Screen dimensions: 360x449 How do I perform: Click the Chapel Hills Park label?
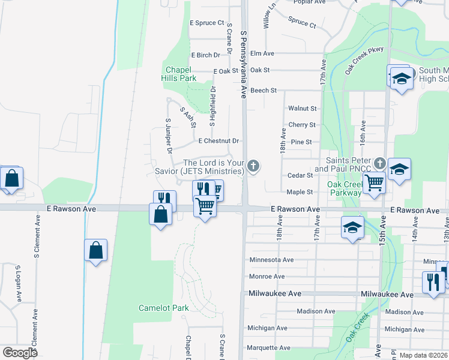179,74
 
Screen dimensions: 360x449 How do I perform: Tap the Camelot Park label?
164,308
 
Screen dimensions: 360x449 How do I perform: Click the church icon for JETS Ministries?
253,166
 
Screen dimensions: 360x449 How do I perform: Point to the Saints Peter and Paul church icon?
379,163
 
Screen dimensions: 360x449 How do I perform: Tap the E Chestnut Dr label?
218,141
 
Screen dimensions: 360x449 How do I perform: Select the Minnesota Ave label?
271,260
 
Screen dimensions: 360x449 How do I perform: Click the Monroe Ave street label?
267,277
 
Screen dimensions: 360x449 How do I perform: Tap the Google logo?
20,352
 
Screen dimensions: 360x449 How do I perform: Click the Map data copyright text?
424,355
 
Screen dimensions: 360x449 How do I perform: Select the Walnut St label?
302,109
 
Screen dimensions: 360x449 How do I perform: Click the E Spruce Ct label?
206,23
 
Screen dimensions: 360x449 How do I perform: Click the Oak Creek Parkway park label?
346,188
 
